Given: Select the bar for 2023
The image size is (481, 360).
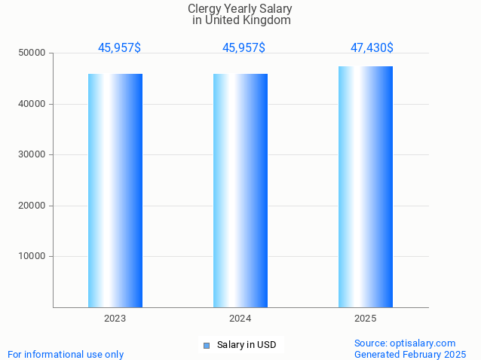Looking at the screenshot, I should click(x=115, y=190).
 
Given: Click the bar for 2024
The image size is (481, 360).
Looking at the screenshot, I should click(x=240, y=190).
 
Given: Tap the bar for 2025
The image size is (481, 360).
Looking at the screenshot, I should click(x=366, y=187).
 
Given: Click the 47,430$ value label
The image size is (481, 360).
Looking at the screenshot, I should click(x=372, y=47).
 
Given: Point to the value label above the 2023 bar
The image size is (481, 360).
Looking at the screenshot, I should click(x=119, y=47).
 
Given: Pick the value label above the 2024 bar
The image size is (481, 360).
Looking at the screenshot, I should click(x=244, y=47).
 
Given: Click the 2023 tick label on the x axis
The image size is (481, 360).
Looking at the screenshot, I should click(x=115, y=319).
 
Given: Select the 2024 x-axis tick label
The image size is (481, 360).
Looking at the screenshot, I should click(x=240, y=319).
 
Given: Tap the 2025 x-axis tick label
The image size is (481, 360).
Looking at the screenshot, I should click(x=366, y=319).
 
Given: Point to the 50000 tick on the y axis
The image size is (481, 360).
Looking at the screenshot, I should click(x=32, y=53).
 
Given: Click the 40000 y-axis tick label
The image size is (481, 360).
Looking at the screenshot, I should click(x=32, y=104).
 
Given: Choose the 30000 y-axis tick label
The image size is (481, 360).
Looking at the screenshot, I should click(x=32, y=155).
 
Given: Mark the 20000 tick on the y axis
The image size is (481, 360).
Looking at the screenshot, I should click(x=32, y=206).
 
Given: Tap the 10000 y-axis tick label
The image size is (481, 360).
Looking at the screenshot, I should click(x=32, y=257).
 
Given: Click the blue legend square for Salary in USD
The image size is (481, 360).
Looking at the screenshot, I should click(x=206, y=346).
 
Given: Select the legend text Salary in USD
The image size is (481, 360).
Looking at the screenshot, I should click(x=247, y=345).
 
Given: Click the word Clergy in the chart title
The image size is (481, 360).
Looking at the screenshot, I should click(x=204, y=9).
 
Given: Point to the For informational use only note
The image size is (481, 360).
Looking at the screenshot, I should click(x=66, y=354).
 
